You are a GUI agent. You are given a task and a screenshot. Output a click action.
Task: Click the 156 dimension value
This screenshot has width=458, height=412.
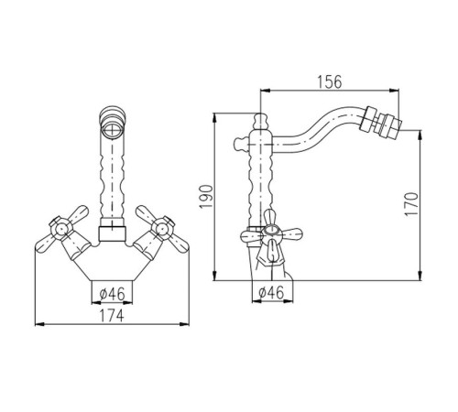(x=330, y=81)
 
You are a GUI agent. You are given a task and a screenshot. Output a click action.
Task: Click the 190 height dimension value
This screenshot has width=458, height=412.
(x=206, y=197)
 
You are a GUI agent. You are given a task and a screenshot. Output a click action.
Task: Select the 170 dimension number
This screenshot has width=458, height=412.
(x=411, y=204)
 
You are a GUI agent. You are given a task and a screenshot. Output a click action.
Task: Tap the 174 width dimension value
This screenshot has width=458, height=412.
(x=112, y=316)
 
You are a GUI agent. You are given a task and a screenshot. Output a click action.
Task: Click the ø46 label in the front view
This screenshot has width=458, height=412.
(x=113, y=294)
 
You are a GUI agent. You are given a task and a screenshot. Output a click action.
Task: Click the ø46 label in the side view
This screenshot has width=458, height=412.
(x=271, y=293)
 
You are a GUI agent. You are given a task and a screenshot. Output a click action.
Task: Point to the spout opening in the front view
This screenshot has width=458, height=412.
(x=113, y=128)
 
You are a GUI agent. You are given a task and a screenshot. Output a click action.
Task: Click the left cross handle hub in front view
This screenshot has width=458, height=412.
(x=61, y=228)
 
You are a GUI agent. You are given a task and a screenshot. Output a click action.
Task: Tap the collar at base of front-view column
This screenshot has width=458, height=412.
(x=113, y=234)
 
